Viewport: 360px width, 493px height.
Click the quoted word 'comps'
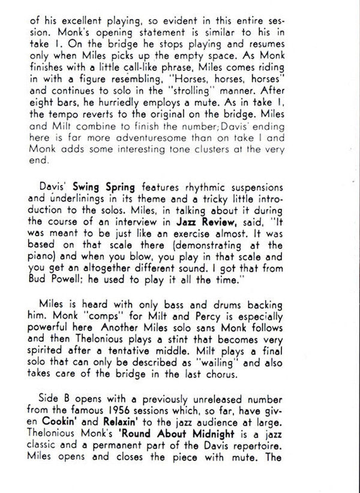coord(124,330)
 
